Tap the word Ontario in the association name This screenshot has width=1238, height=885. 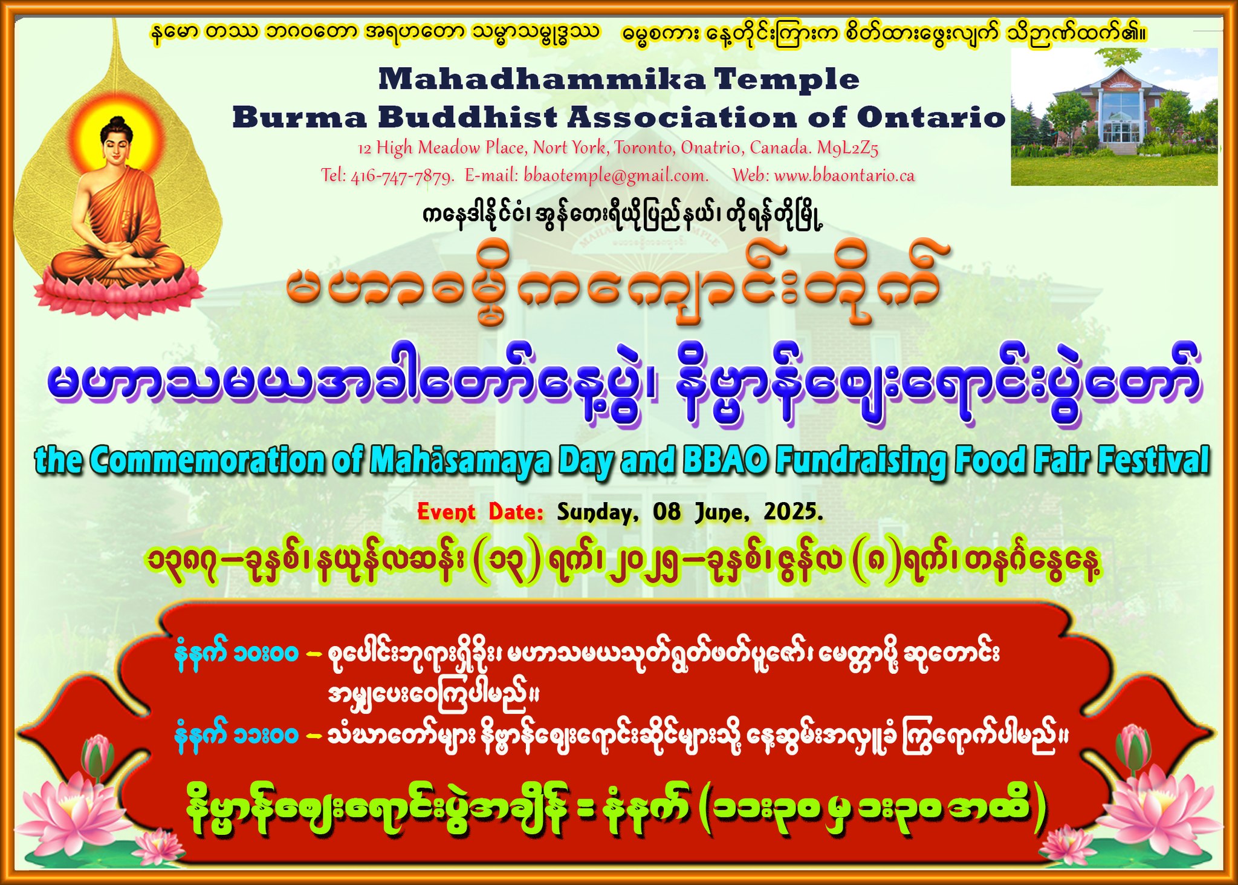click(931, 117)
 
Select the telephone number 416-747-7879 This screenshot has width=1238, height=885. click(402, 176)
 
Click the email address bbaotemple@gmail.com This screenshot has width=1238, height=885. click(616, 176)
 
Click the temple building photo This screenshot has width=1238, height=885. click(1114, 116)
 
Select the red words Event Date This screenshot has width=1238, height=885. click(481, 512)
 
